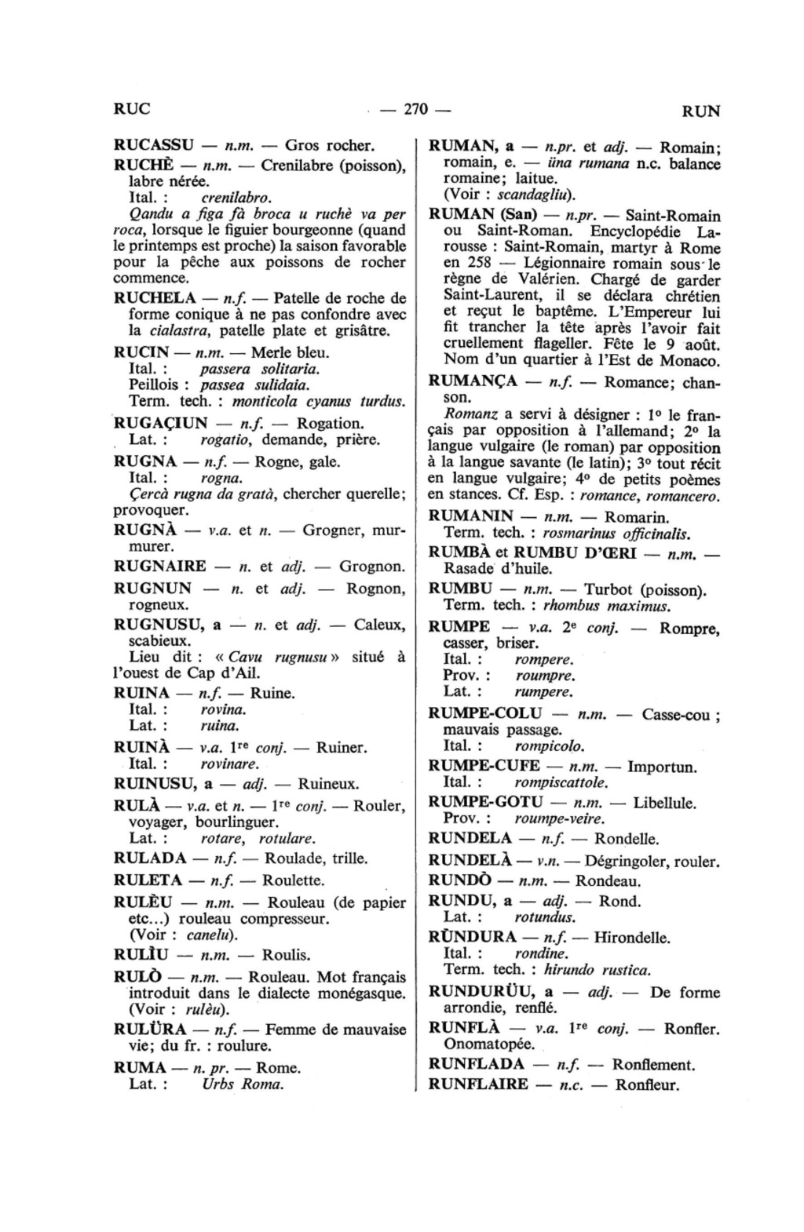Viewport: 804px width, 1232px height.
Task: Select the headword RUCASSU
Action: click(x=154, y=146)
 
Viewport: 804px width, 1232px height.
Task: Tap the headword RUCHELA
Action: click(x=155, y=298)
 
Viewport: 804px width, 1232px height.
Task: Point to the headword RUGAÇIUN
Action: click(x=161, y=424)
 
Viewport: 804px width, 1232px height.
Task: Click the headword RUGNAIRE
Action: click(x=160, y=567)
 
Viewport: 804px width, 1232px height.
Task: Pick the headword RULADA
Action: click(x=150, y=858)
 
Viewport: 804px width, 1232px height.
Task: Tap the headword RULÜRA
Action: click(x=150, y=1030)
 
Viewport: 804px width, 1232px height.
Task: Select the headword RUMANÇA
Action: click(x=473, y=382)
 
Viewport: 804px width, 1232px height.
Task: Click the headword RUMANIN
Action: click(x=471, y=517)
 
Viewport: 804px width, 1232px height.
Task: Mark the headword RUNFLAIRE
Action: click(x=478, y=1085)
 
